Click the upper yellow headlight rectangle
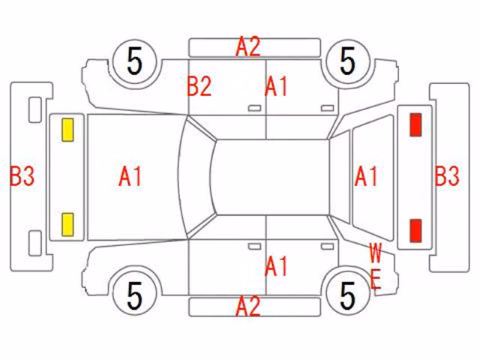pos(67,130)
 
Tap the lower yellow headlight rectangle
pos(67,225)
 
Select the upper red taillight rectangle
pos(415,124)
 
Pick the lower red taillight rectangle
pos(415,230)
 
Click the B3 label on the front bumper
pos(22,176)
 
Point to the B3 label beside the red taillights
pos(447,175)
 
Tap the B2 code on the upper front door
pos(199,86)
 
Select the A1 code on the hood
pos(130,176)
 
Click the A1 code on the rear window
pos(366,176)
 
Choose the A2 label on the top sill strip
pos(248,46)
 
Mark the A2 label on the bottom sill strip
pos(248,305)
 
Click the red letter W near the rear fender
pos(375,253)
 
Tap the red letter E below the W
pos(376,279)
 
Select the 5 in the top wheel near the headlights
pos(135,61)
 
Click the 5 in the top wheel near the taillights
pos(348,61)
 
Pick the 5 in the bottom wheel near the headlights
pos(135,295)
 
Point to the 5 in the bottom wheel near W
pos(348,295)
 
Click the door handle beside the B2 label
pos(254,108)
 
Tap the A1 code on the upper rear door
pos(277,87)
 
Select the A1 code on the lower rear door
pos(277,266)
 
